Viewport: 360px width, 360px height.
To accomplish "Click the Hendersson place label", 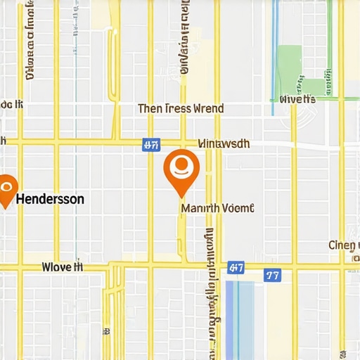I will point(49,199).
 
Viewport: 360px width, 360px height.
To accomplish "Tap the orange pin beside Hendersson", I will point(6,191).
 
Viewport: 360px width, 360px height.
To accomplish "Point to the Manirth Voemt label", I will point(217,208).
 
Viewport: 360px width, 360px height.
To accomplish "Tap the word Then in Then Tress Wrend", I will point(150,108).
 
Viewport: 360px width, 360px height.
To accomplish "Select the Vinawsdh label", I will point(224,143).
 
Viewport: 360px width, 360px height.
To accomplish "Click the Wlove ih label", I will point(63,267).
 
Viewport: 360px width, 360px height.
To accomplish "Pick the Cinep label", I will point(344,245).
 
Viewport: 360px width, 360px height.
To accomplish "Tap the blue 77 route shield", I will point(272,274).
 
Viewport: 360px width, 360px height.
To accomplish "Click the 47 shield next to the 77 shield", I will point(236,268).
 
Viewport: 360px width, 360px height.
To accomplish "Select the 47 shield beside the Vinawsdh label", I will point(150,146).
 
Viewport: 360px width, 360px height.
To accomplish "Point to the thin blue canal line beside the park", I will point(275,49).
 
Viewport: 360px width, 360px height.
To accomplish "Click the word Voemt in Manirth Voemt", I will point(238,208).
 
